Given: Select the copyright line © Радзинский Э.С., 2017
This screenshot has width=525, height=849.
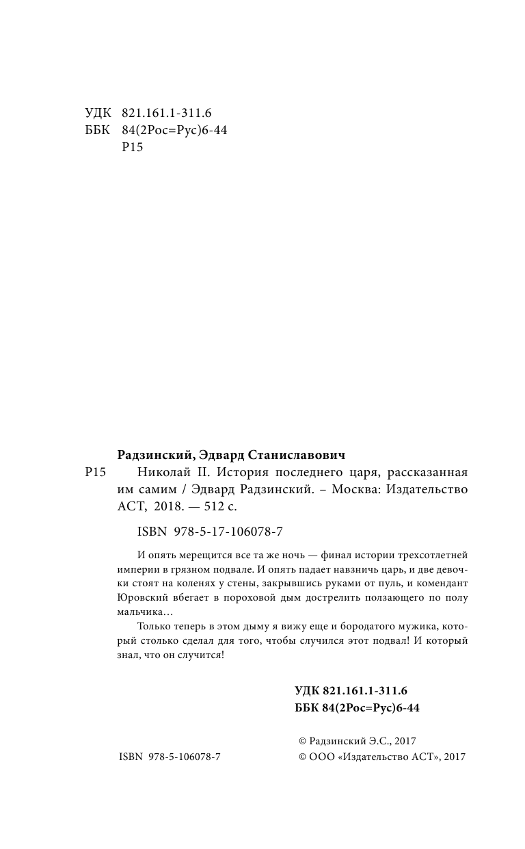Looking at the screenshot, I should (x=358, y=741).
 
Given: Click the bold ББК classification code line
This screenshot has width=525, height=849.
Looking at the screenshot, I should (x=357, y=707).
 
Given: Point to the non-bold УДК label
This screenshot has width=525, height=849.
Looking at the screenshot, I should (x=98, y=114).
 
